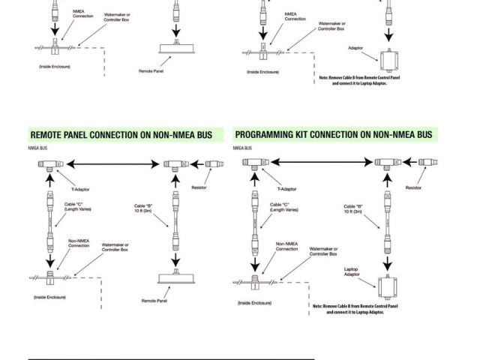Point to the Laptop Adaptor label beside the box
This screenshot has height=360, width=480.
(352, 271)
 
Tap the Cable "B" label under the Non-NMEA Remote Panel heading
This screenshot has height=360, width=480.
(145, 209)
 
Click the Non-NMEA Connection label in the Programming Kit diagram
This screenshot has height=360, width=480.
(288, 246)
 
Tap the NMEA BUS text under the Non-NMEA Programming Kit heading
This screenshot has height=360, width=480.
(241, 148)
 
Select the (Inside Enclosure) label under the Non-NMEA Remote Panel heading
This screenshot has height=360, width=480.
(49, 298)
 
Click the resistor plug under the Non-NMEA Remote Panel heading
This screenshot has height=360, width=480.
(213, 163)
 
